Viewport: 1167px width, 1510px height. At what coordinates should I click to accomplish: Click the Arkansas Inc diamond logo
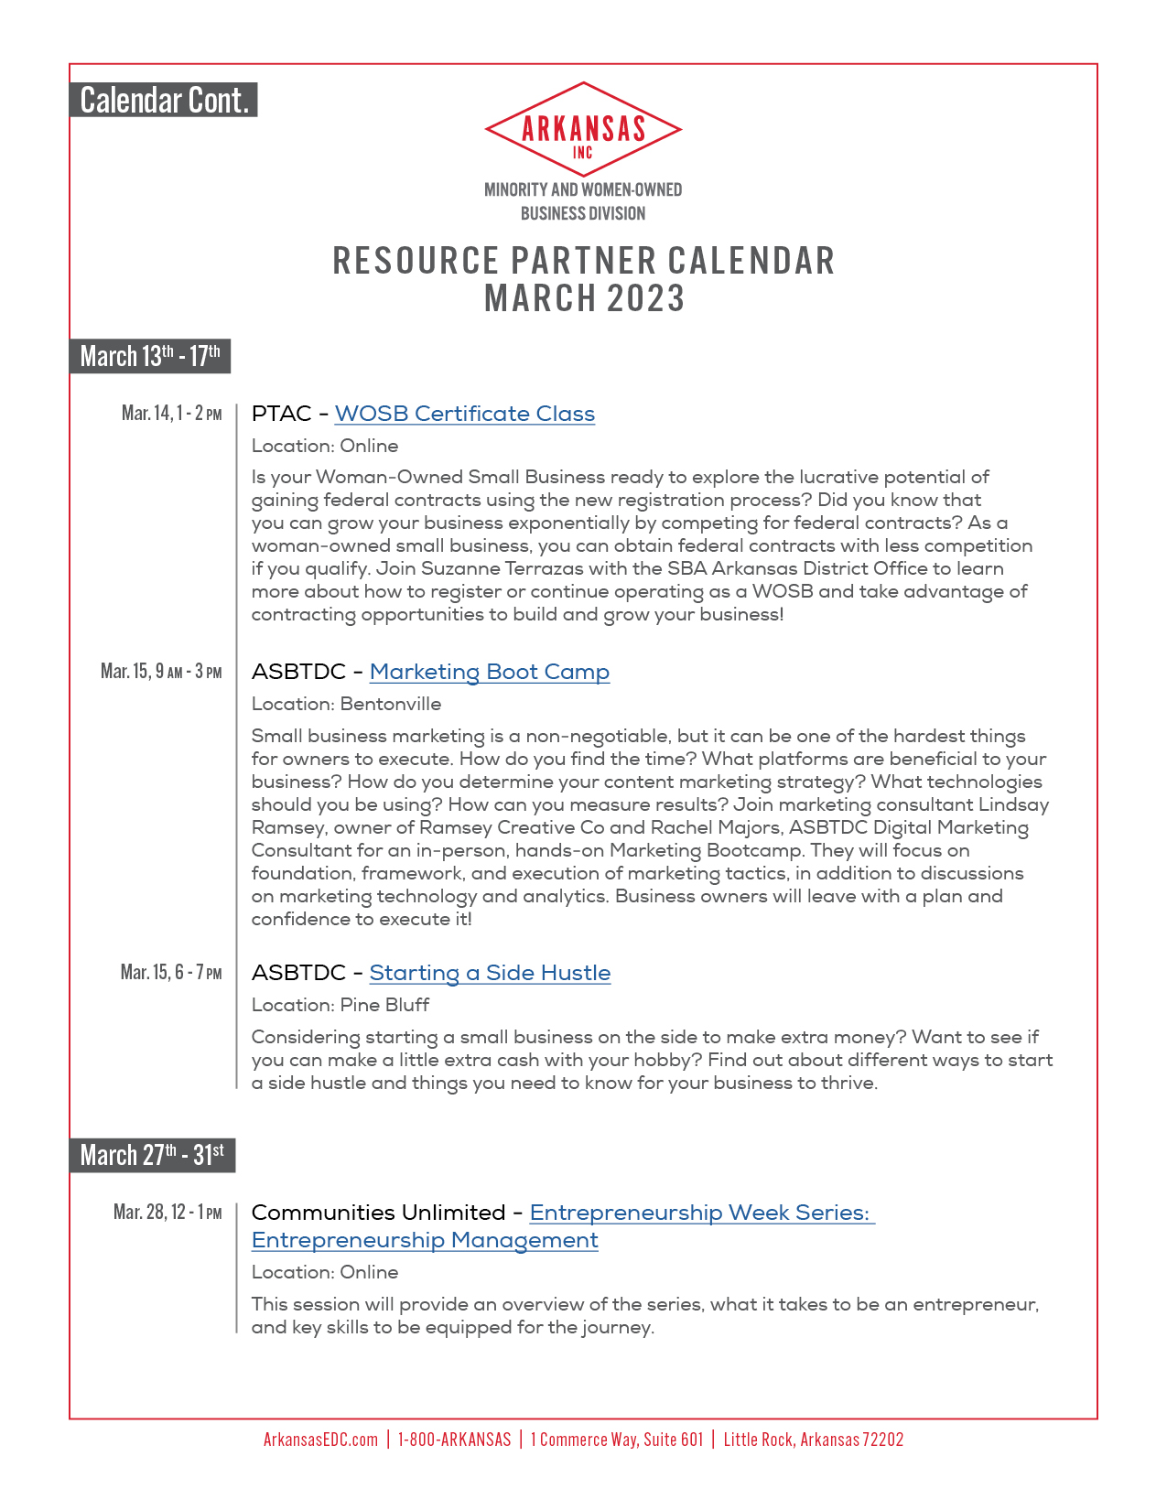pyautogui.click(x=583, y=130)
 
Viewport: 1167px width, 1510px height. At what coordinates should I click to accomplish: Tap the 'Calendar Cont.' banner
pyautogui.click(x=164, y=100)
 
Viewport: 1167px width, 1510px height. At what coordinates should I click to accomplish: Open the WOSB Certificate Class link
pyautogui.click(x=464, y=414)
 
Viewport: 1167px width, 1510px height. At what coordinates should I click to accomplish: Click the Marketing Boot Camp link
pyautogui.click(x=489, y=672)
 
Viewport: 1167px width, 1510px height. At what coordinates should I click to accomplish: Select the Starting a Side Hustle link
pyautogui.click(x=490, y=973)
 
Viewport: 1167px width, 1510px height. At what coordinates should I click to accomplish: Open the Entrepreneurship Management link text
pyautogui.click(x=425, y=1240)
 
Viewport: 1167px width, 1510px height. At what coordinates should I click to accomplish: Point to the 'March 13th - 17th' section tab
pyautogui.click(x=150, y=356)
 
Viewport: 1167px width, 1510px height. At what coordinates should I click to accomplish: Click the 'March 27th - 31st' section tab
pyautogui.click(x=152, y=1155)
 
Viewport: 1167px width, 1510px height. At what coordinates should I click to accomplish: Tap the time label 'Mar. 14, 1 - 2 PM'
pyautogui.click(x=172, y=414)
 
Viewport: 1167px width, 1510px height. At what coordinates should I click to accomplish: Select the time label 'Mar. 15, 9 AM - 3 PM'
pyautogui.click(x=161, y=672)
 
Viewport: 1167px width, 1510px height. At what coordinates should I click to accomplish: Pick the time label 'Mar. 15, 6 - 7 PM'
pyautogui.click(x=171, y=972)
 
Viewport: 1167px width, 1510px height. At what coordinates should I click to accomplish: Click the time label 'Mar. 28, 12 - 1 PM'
pyautogui.click(x=167, y=1213)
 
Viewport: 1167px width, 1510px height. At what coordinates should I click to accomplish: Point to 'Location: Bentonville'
pyautogui.click(x=346, y=704)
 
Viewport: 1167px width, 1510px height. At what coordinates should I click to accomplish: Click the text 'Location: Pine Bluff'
pyautogui.click(x=340, y=1005)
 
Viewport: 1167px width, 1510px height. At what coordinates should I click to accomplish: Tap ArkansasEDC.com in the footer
pyautogui.click(x=320, y=1440)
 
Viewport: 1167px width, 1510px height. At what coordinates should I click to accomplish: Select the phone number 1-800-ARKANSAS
pyautogui.click(x=454, y=1440)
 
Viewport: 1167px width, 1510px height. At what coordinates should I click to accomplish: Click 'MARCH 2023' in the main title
pyautogui.click(x=584, y=298)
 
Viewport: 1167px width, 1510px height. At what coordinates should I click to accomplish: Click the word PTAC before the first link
pyautogui.click(x=281, y=414)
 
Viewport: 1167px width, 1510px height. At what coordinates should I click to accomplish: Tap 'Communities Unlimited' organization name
pyautogui.click(x=378, y=1213)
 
